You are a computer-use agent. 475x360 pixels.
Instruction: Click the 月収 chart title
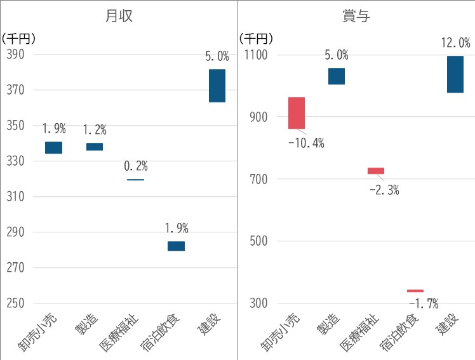119,16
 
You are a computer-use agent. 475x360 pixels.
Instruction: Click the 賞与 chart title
356,16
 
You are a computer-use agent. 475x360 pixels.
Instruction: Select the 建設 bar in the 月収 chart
217,86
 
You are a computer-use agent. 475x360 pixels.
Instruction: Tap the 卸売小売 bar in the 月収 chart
54,147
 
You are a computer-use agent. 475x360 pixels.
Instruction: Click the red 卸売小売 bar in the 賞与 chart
297,113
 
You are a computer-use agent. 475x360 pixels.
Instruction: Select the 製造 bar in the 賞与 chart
337,76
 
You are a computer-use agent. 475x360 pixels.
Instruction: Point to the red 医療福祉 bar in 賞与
376,171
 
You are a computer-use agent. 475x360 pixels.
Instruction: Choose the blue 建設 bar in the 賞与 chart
455,74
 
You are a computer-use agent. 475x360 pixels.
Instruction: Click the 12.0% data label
455,43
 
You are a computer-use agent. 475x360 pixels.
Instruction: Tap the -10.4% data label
306,143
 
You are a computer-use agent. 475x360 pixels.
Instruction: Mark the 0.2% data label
135,166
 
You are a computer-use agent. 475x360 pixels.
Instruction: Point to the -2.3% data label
384,189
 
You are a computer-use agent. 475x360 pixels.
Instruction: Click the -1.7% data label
424,303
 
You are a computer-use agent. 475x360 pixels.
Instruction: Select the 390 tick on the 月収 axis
15,55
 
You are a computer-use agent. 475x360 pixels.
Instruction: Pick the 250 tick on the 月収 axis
15,303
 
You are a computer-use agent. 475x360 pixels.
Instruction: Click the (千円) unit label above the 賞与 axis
256,38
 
